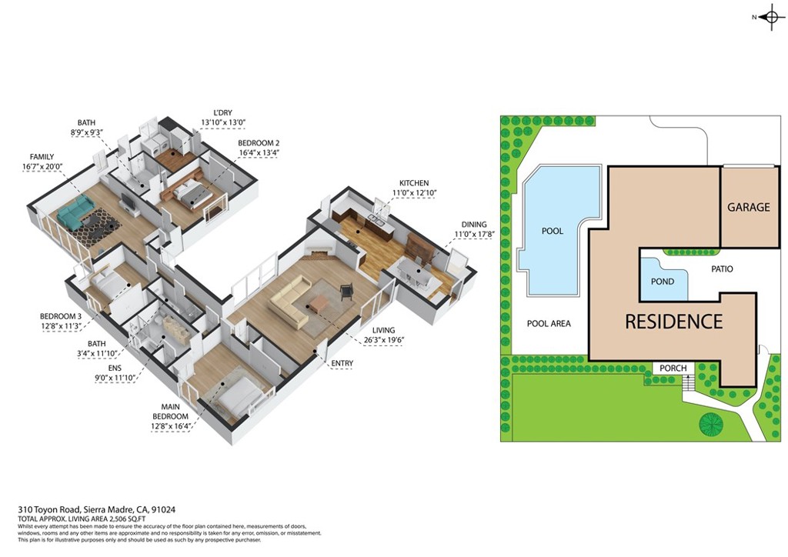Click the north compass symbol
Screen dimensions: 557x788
point(770,18)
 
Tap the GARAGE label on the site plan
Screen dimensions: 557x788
point(748,208)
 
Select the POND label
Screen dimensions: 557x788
point(662,282)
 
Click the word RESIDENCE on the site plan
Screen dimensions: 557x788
point(673,322)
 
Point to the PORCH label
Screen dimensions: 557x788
point(673,369)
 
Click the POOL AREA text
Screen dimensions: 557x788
point(549,324)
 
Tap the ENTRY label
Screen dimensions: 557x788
point(342,363)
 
